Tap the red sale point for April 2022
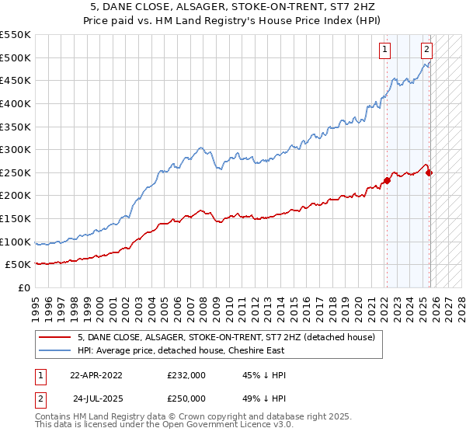point(387,181)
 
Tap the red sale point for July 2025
point(429,172)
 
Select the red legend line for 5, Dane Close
point(54,337)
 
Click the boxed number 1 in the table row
point(40,375)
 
